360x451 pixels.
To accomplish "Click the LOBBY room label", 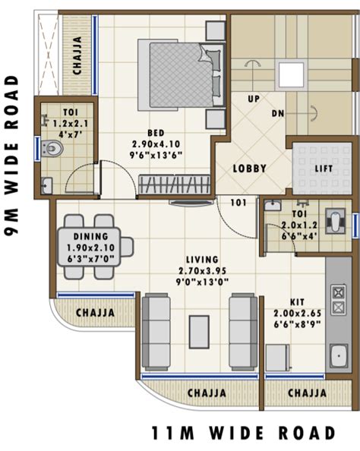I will pyautogui.click(x=249, y=168).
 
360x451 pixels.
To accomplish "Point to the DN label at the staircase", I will pyautogui.click(x=278, y=114).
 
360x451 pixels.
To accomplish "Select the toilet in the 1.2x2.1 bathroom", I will pyautogui.click(x=52, y=148).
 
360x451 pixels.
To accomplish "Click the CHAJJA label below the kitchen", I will pyautogui.click(x=307, y=393).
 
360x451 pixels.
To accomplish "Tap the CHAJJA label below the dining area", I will pyautogui.click(x=95, y=312).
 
